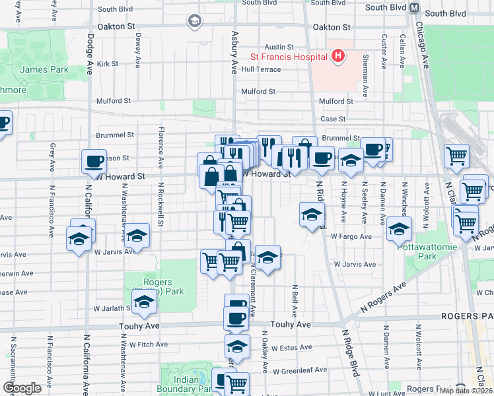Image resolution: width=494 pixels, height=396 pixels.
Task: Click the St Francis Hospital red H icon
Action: point(337,56)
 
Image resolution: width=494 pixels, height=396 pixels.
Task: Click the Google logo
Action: point(22,388)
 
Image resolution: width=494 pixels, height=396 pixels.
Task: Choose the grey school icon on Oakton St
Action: point(194,22)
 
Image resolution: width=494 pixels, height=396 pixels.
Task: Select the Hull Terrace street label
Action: point(261,69)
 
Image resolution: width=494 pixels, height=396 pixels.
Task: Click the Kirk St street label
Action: point(107,64)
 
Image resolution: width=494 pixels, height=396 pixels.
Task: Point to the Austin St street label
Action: point(279,47)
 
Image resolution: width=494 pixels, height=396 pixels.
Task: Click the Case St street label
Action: point(333,119)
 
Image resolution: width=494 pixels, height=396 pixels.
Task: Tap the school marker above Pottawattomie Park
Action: point(399,229)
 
